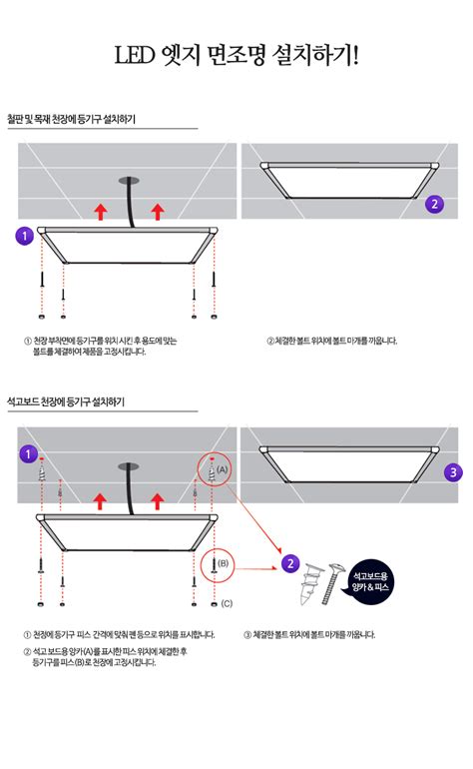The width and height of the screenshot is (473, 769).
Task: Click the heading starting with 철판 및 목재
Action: tap(71, 120)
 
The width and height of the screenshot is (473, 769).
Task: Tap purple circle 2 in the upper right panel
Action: tap(433, 204)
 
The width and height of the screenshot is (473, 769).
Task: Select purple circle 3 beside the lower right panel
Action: tap(453, 472)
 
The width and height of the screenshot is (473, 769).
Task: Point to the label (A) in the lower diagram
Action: tap(222, 467)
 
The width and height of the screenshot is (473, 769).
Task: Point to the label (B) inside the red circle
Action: tap(223, 564)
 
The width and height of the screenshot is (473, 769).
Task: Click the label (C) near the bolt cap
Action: tap(227, 603)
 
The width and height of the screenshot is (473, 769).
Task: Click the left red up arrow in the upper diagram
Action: tap(99, 211)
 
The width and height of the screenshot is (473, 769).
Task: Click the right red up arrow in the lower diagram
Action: tap(157, 499)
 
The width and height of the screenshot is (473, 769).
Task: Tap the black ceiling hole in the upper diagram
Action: tap(128, 181)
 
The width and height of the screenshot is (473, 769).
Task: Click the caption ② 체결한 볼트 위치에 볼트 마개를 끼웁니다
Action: tap(332, 341)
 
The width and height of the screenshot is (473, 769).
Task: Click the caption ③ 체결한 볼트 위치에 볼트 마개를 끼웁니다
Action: tap(309, 634)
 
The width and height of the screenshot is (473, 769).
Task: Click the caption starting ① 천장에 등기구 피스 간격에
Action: tap(119, 634)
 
